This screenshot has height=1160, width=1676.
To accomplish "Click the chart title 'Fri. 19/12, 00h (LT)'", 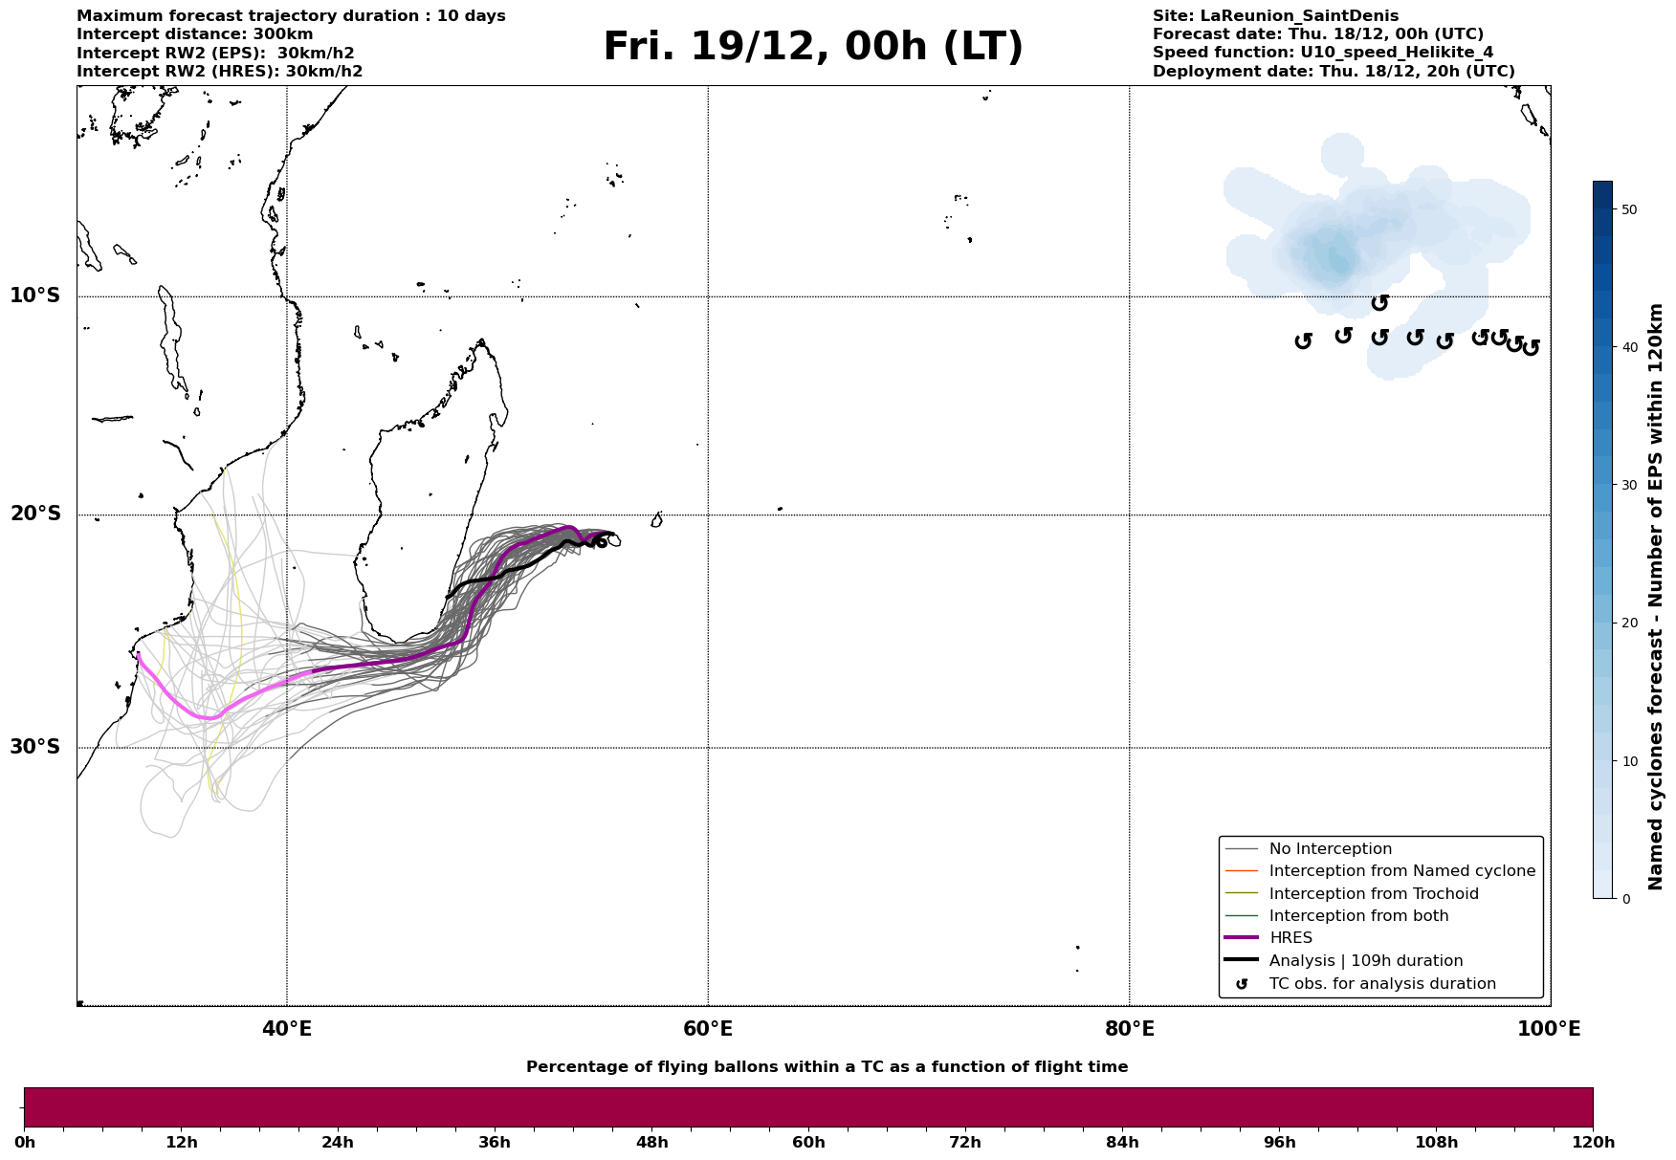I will [812, 47].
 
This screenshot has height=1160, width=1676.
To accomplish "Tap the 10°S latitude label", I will [35, 295].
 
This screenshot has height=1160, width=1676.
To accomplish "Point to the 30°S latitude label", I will [35, 747].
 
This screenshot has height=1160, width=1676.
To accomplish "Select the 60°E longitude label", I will [708, 1029].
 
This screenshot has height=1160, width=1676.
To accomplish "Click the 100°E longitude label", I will [1549, 1029].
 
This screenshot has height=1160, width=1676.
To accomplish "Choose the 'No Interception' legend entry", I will [1330, 849].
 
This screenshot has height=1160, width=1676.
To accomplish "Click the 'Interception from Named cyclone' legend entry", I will [1401, 871].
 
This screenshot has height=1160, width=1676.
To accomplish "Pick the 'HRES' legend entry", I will [1290, 938].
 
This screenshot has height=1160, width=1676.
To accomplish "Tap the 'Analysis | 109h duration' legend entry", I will [1365, 961].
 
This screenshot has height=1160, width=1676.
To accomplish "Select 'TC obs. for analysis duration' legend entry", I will [1381, 984].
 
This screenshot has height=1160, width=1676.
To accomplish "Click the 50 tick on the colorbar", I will [1625, 209].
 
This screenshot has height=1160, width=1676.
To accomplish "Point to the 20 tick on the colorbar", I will [1625, 624].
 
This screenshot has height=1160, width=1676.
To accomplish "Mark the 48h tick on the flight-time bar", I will [651, 1143].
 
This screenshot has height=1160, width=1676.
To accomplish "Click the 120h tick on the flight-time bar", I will [1593, 1143].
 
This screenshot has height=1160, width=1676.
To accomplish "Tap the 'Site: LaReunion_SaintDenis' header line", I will [1275, 16].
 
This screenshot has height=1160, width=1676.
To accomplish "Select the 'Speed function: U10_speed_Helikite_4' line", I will [1322, 53].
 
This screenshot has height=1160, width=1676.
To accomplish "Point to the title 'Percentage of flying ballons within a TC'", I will [827, 1067].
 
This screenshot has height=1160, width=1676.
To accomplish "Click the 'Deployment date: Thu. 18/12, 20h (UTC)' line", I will [1334, 72].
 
